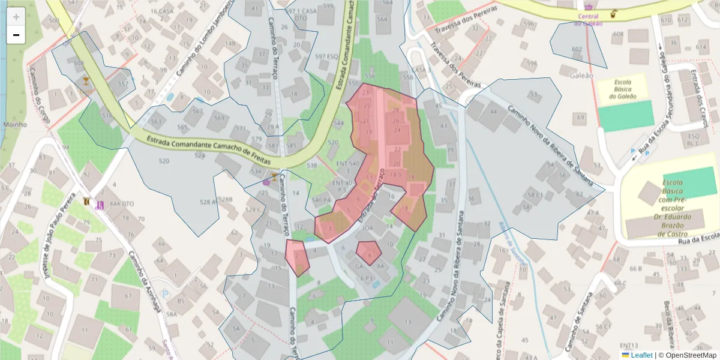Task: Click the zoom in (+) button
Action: coord(16,17)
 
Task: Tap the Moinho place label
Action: coord(14,125)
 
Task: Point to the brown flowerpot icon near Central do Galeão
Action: coord(613,14)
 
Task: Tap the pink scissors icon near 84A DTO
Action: coord(100,205)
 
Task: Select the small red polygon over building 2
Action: coord(296,256)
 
